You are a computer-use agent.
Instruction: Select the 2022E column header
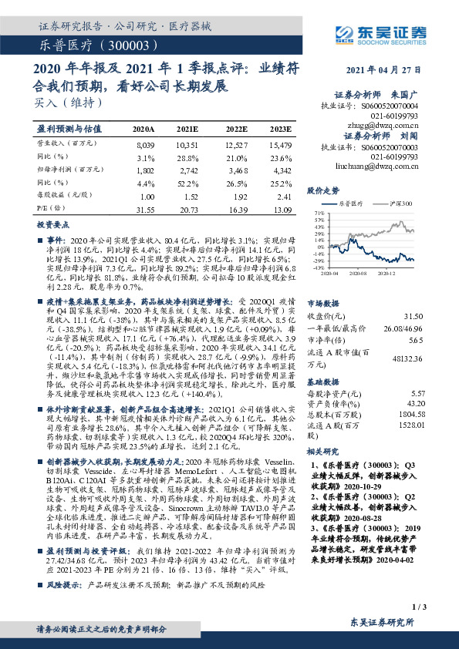[237, 129]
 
